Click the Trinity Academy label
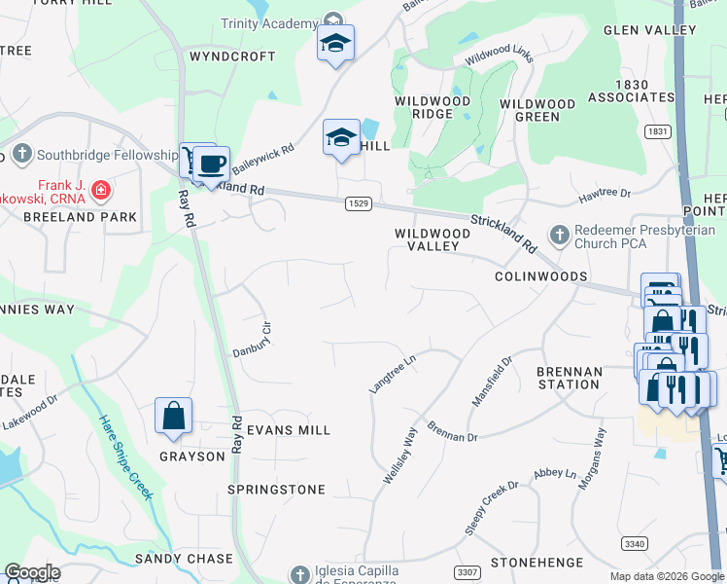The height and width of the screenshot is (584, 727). click(269, 23)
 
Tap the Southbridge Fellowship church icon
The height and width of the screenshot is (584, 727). click(20, 154)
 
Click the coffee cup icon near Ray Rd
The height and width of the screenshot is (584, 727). click(211, 164)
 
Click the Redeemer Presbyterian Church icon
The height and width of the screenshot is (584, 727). click(559, 235)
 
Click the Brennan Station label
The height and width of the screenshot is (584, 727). click(569, 378)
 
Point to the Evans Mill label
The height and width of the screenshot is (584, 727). click(289, 429)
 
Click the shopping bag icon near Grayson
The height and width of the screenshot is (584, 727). click(173, 416)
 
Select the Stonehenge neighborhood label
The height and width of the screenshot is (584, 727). click(537, 563)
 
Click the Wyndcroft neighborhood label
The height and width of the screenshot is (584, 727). click(232, 56)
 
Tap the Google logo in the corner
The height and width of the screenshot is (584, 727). click(32, 572)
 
